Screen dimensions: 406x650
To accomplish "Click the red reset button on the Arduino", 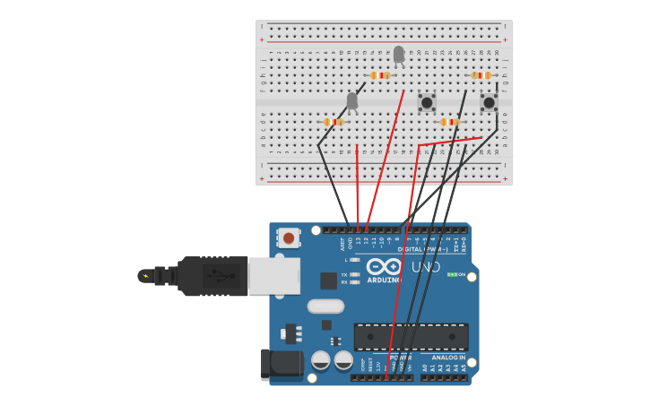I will tap(288, 238).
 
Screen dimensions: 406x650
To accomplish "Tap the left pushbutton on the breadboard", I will tap(427, 102).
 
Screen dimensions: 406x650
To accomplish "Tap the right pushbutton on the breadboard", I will tap(489, 102).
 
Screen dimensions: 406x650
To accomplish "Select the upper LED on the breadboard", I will tap(399, 55).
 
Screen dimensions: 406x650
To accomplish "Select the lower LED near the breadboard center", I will tap(352, 100).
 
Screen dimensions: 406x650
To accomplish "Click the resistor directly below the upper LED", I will tap(380, 75).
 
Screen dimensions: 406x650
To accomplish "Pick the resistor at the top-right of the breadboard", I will tap(481, 75).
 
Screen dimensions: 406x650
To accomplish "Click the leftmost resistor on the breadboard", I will tap(333, 122).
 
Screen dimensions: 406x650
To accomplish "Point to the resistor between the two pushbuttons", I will tap(450, 122).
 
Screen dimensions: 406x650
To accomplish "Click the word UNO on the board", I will tap(426, 267).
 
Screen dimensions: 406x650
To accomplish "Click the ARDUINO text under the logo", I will tap(384, 279).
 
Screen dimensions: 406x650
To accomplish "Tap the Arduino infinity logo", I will tap(384, 266).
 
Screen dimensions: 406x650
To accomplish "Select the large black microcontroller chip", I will tap(411, 337).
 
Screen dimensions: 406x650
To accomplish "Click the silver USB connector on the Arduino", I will tap(273, 276).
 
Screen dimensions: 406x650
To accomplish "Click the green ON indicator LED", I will tap(452, 274).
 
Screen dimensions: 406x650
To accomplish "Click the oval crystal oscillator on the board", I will tap(325, 306).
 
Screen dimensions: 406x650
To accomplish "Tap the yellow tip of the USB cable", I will tap(144, 276).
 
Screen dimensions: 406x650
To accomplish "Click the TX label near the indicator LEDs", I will tap(344, 274).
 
